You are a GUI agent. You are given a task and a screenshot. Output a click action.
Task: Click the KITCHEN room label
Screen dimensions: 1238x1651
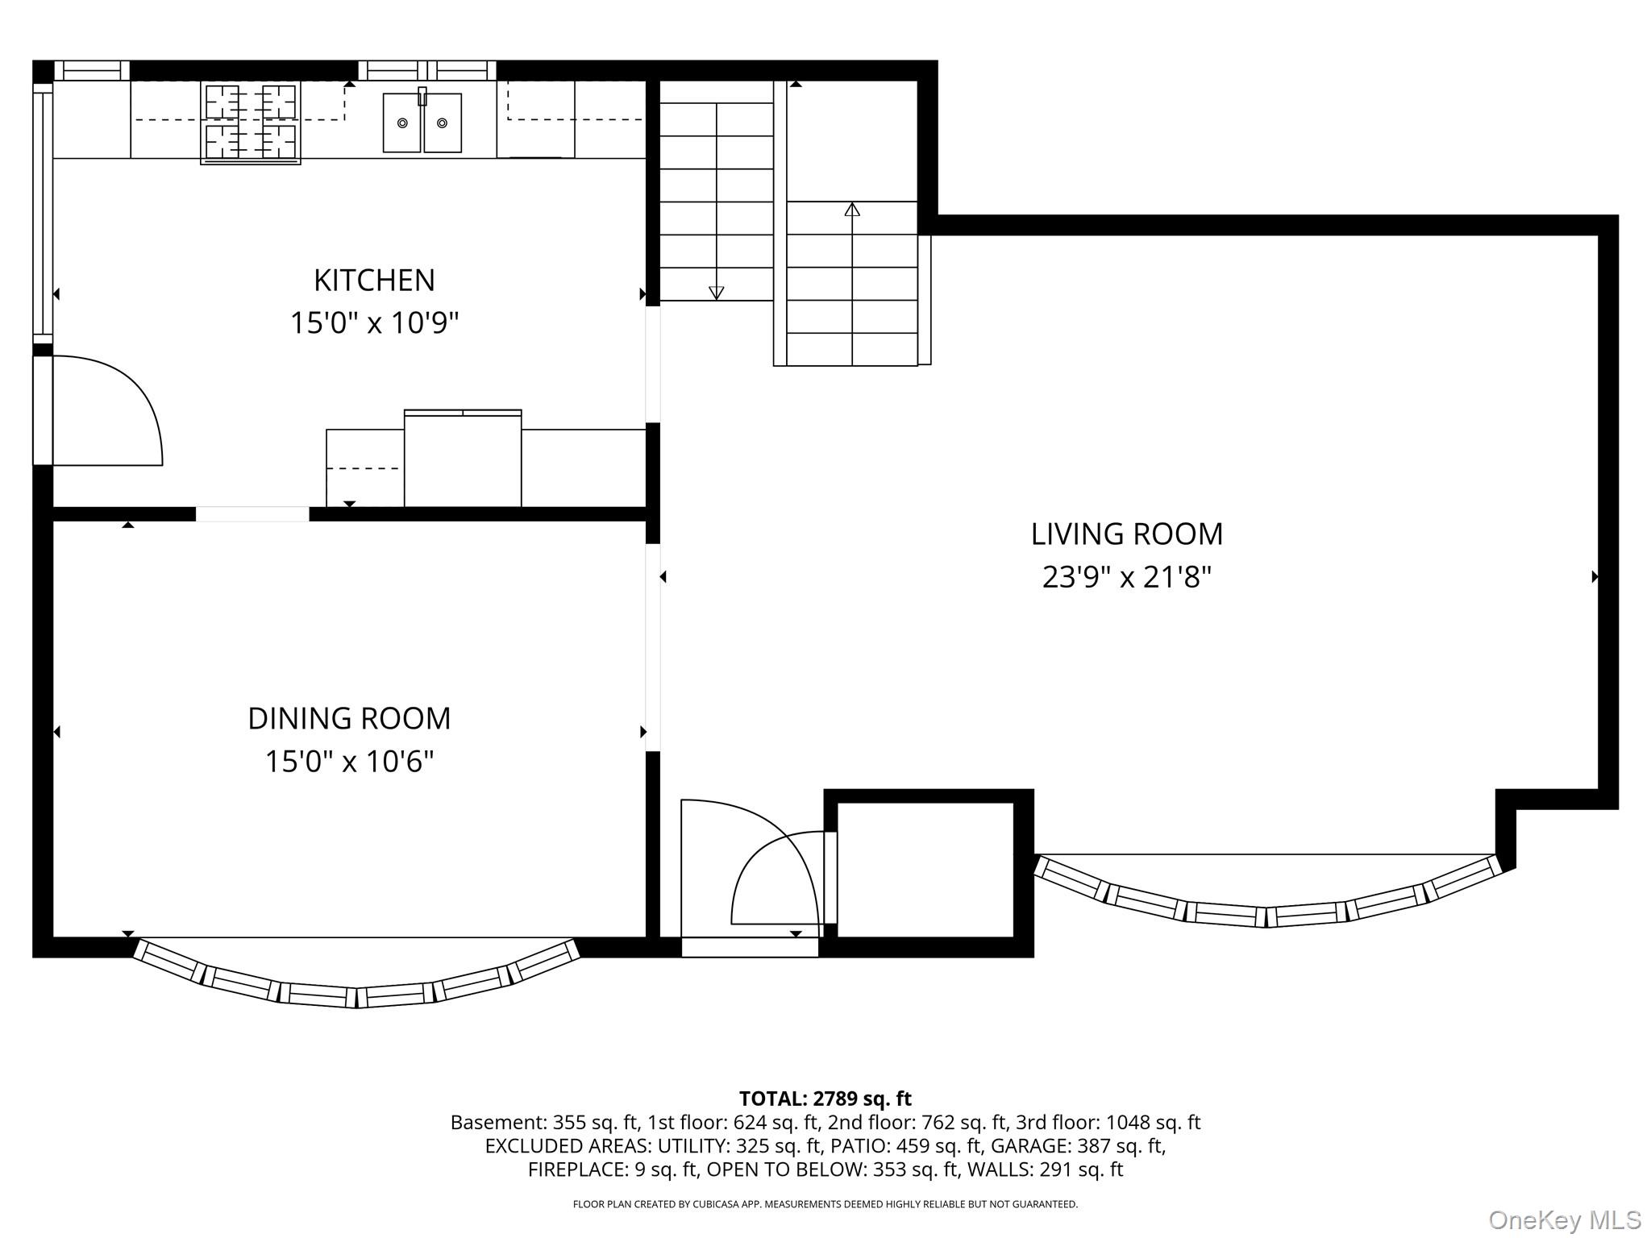point(374,280)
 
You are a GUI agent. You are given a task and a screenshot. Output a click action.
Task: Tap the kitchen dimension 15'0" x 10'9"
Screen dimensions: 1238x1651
point(374,323)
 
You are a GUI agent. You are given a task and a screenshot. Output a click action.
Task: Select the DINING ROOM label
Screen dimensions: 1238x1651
point(349,718)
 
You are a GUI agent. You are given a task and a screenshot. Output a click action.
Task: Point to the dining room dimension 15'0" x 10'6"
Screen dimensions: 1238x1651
point(349,761)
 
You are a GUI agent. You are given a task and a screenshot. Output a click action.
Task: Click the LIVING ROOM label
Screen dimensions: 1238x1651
point(1126,534)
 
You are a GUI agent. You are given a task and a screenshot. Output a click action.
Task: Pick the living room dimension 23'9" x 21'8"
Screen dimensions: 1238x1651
point(1126,577)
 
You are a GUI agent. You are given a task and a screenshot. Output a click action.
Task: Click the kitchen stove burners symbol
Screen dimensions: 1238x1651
point(250,123)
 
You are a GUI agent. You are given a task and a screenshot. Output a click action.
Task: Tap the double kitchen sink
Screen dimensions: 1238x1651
point(422,123)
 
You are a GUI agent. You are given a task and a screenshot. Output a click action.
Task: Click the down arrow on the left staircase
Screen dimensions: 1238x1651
point(716,293)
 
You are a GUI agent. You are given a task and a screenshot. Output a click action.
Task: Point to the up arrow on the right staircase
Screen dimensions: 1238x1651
point(852,210)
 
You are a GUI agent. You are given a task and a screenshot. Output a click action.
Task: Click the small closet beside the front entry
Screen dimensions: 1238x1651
point(925,870)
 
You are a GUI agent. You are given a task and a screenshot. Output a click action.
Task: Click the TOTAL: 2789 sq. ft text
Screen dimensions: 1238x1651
point(825,1099)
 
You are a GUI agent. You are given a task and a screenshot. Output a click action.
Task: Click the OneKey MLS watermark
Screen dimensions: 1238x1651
point(1564,1219)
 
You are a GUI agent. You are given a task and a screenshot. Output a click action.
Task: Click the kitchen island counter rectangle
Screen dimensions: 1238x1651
point(462,459)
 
